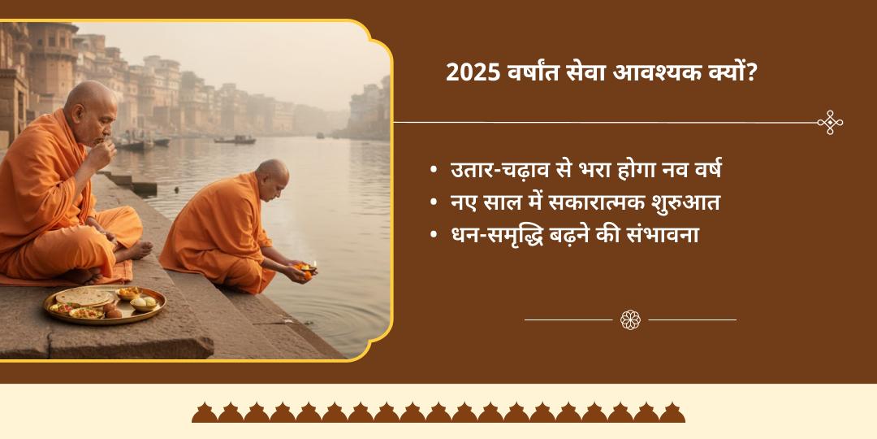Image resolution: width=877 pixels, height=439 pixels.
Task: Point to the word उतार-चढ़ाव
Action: pyautogui.click(x=508, y=171)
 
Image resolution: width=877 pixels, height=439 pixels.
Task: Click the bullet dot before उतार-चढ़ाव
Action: pyautogui.click(x=435, y=172)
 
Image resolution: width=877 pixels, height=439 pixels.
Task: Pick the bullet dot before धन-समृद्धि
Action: pyautogui.click(x=435, y=237)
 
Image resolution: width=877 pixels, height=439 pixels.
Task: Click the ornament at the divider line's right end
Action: pyautogui.click(x=830, y=123)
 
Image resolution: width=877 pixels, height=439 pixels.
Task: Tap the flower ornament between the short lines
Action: pyautogui.click(x=630, y=319)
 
